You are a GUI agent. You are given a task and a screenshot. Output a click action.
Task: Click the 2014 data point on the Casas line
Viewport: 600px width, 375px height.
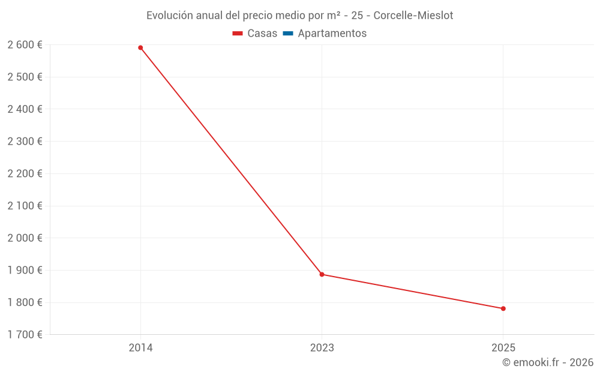tap(140, 47)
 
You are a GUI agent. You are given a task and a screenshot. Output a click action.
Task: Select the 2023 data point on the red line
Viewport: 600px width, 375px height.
tap(322, 274)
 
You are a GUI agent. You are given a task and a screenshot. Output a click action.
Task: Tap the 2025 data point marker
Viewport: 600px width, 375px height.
tap(503, 308)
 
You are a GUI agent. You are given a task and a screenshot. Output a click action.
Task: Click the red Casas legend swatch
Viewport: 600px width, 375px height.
tap(238, 34)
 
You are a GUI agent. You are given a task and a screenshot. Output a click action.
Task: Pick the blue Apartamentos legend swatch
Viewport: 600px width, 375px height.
tap(287, 34)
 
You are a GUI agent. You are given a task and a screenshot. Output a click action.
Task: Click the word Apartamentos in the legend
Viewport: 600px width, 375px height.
tap(332, 34)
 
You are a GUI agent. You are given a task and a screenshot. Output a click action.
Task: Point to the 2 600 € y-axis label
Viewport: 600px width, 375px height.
tap(25, 44)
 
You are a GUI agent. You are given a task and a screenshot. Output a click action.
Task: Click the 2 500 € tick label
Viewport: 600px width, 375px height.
tap(25, 77)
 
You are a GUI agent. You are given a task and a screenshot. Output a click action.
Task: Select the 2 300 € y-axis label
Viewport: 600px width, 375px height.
tap(25, 141)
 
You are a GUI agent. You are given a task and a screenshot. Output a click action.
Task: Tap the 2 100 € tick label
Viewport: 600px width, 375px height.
tap(25, 206)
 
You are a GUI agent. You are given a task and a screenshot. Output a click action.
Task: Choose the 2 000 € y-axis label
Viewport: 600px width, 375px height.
tap(25, 238)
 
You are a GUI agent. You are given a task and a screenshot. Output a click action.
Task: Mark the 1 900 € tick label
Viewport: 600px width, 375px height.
tap(25, 270)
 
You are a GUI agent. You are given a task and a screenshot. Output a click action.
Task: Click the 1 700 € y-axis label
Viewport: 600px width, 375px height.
tap(25, 334)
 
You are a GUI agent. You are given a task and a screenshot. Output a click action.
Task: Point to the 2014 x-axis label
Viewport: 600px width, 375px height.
tap(140, 347)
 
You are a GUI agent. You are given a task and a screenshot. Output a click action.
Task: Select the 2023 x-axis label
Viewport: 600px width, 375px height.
tap(322, 347)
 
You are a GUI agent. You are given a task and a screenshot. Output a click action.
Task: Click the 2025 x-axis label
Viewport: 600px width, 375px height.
tap(503, 347)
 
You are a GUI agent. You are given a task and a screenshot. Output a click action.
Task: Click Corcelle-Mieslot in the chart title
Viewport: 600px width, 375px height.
tap(413, 16)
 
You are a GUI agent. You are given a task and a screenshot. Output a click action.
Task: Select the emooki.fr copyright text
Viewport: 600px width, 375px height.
tap(548, 362)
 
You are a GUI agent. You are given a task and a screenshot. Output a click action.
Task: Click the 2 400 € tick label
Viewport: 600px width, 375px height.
tap(25, 109)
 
